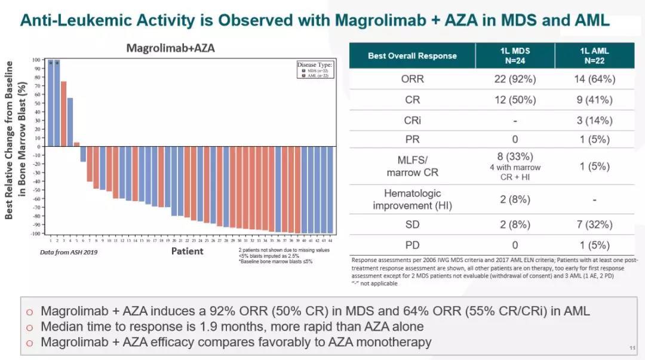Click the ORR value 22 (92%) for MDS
click(514, 79)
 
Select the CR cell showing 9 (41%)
click(594, 100)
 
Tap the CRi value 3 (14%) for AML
click(594, 121)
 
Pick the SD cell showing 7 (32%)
click(594, 224)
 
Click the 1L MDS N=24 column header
click(514, 56)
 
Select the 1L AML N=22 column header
click(594, 56)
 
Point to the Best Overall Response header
click(412, 56)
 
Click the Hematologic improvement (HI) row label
click(412, 199)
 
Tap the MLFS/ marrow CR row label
click(412, 167)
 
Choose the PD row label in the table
click(412, 245)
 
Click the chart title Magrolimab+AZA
click(170, 48)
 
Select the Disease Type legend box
click(315, 70)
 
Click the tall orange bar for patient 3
click(63, 113)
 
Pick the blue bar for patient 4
click(70, 122)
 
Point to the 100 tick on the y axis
click(36, 60)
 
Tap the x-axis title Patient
click(187, 251)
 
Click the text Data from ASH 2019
click(69, 252)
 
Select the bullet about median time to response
click(233, 327)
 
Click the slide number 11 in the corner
click(632, 348)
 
